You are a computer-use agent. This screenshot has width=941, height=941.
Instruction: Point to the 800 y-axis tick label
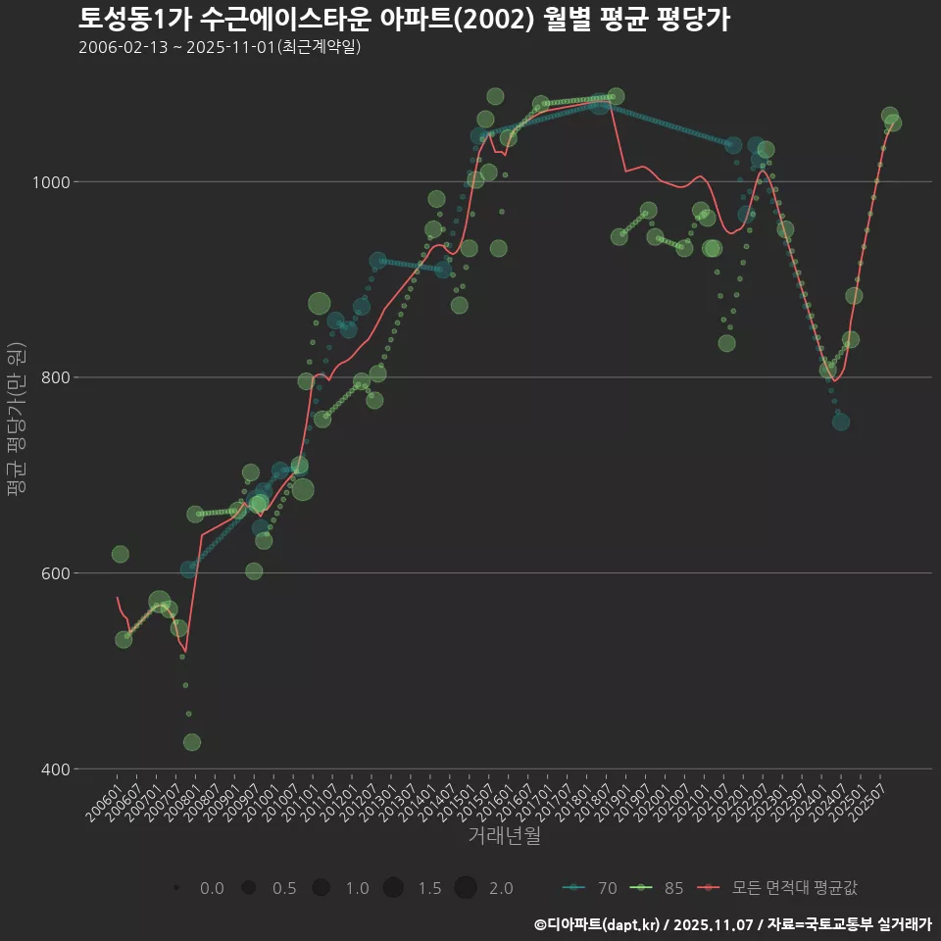[x=53, y=377]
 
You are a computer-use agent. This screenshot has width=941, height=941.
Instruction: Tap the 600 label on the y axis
[x=53, y=573]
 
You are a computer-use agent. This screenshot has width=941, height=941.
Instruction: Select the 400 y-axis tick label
[x=53, y=769]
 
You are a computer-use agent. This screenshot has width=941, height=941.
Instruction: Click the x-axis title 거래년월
[x=504, y=836]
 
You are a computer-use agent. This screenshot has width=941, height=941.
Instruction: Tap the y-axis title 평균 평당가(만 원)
[x=16, y=421]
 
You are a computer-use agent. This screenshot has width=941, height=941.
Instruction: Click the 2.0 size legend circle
[x=466, y=888]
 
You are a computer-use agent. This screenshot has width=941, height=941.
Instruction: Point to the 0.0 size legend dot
[x=175, y=888]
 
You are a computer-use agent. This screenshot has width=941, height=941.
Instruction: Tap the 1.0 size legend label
[x=357, y=888]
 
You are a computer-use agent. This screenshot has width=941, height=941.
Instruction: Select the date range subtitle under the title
[x=220, y=47]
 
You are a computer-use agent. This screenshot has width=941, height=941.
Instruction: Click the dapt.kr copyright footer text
[x=732, y=923]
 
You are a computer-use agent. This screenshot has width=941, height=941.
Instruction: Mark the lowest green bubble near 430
[x=192, y=742]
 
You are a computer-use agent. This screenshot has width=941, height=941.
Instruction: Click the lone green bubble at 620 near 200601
[x=121, y=555]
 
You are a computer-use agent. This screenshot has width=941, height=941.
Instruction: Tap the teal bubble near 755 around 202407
[x=841, y=421]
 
